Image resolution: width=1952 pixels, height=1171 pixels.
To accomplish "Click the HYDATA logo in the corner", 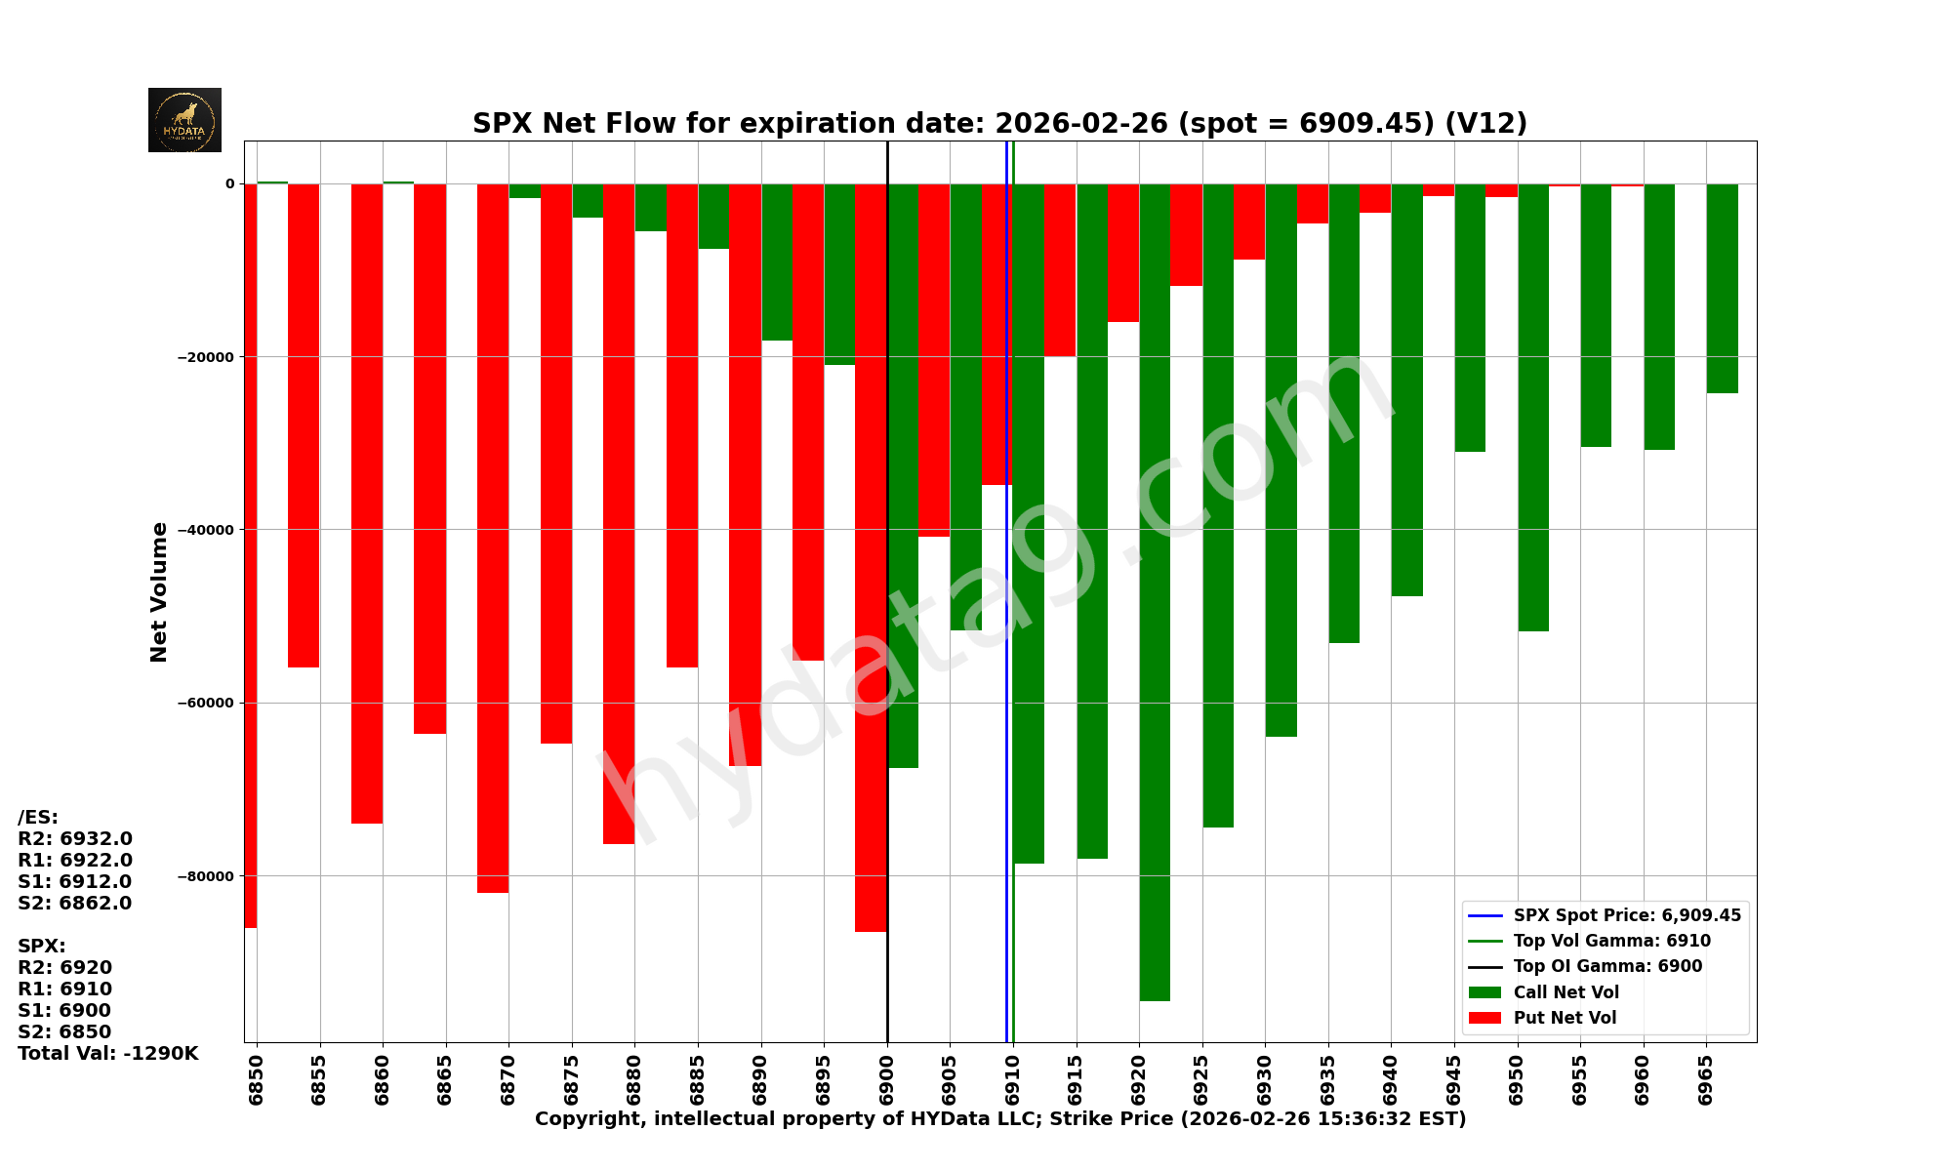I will tap(184, 120).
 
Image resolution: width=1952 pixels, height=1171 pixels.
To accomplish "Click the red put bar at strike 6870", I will tap(493, 538).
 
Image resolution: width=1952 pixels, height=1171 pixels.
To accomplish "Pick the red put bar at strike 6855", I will tap(304, 425).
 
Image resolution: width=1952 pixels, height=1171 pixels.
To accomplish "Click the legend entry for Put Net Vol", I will tap(1565, 1018).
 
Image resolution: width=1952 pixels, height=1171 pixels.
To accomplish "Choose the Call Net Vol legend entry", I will tap(1566, 992).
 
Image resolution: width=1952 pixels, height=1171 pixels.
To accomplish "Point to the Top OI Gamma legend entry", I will tap(1607, 966).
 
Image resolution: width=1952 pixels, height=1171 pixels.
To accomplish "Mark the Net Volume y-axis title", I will tap(159, 592).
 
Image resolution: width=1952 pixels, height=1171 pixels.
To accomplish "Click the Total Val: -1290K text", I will tap(107, 1054).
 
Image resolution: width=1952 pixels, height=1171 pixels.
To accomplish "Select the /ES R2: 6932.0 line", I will tap(75, 839).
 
